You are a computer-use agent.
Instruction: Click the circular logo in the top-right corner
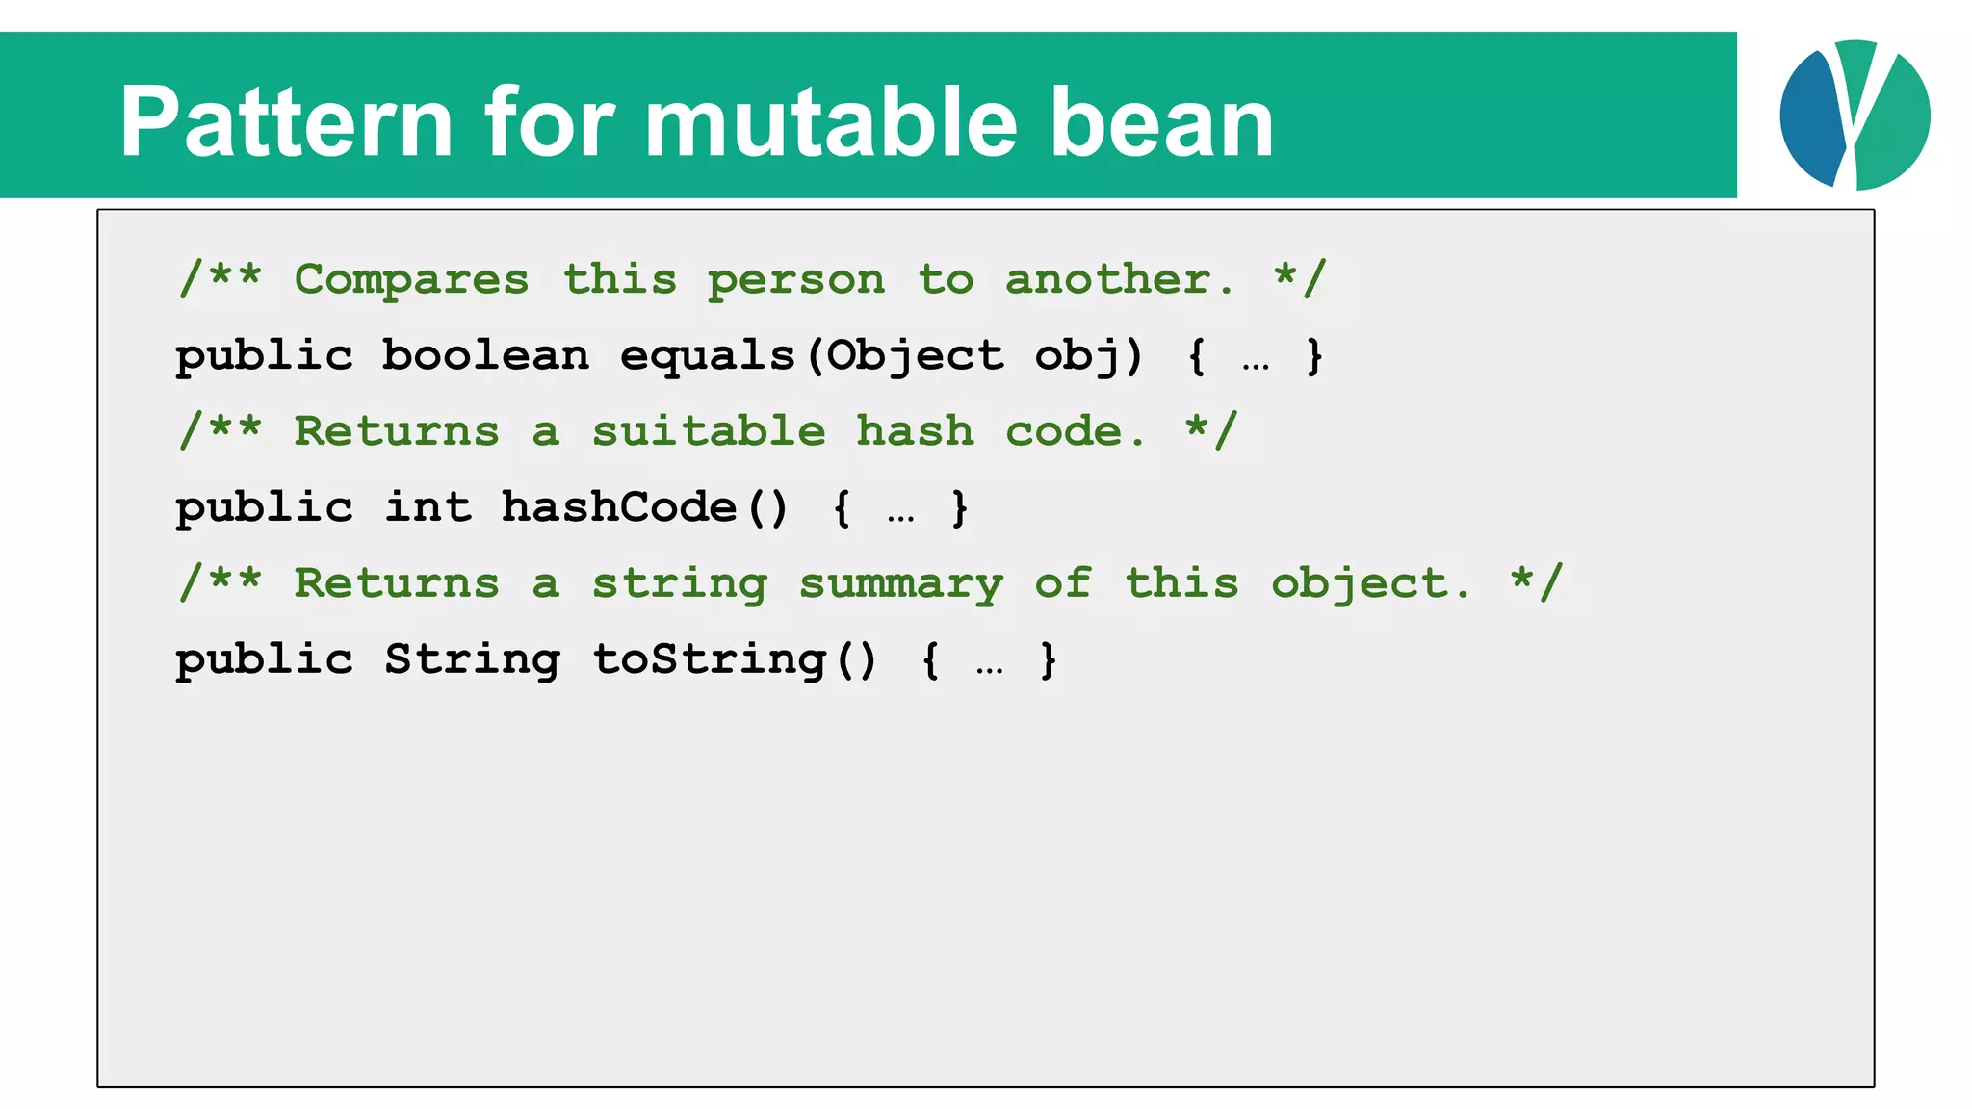[x=1855, y=115]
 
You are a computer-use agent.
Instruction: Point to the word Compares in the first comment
[x=411, y=280]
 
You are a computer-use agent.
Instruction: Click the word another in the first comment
[x=1117, y=280]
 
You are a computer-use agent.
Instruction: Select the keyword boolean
[x=485, y=356]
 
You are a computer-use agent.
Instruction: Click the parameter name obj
[x=1077, y=356]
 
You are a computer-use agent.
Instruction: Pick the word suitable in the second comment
[x=708, y=431]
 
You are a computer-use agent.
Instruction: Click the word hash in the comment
[x=915, y=431]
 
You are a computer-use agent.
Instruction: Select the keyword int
[x=428, y=507]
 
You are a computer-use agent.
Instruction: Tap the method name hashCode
[x=619, y=507]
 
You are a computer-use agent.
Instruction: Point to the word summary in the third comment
[x=901, y=584]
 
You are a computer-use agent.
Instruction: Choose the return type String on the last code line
[x=472, y=660]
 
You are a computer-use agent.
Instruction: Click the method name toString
[x=709, y=660]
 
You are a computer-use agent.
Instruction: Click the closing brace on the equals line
[x=1314, y=356]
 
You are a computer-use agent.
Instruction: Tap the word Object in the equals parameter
[x=915, y=356]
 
